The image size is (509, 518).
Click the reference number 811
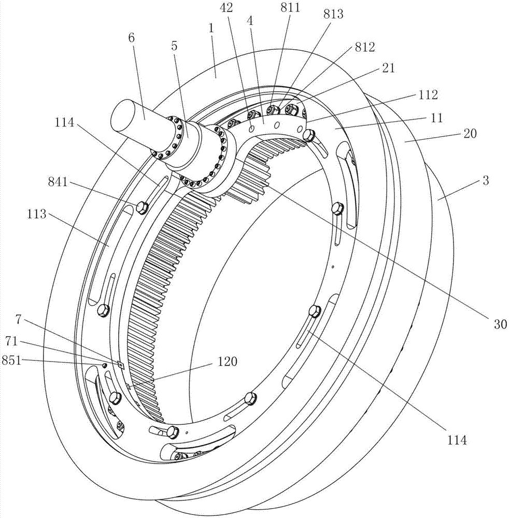pyautogui.click(x=290, y=7)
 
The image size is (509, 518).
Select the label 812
pyautogui.click(x=365, y=47)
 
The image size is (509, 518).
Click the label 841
pyautogui.click(x=58, y=182)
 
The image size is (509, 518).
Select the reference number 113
pyautogui.click(x=37, y=214)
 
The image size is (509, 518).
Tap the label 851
pyautogui.click(x=11, y=360)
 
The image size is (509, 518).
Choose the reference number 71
pyautogui.click(x=11, y=341)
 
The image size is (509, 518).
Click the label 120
pyautogui.click(x=227, y=361)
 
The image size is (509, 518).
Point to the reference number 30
pyautogui.click(x=500, y=324)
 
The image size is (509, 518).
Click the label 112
pyautogui.click(x=428, y=95)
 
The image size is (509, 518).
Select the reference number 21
pyautogui.click(x=388, y=68)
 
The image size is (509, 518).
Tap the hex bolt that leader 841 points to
pyautogui.click(x=142, y=208)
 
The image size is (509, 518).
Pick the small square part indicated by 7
pyautogui.click(x=121, y=364)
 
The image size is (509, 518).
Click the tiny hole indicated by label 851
pyautogui.click(x=104, y=365)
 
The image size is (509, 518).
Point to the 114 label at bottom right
pyautogui.click(x=457, y=440)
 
